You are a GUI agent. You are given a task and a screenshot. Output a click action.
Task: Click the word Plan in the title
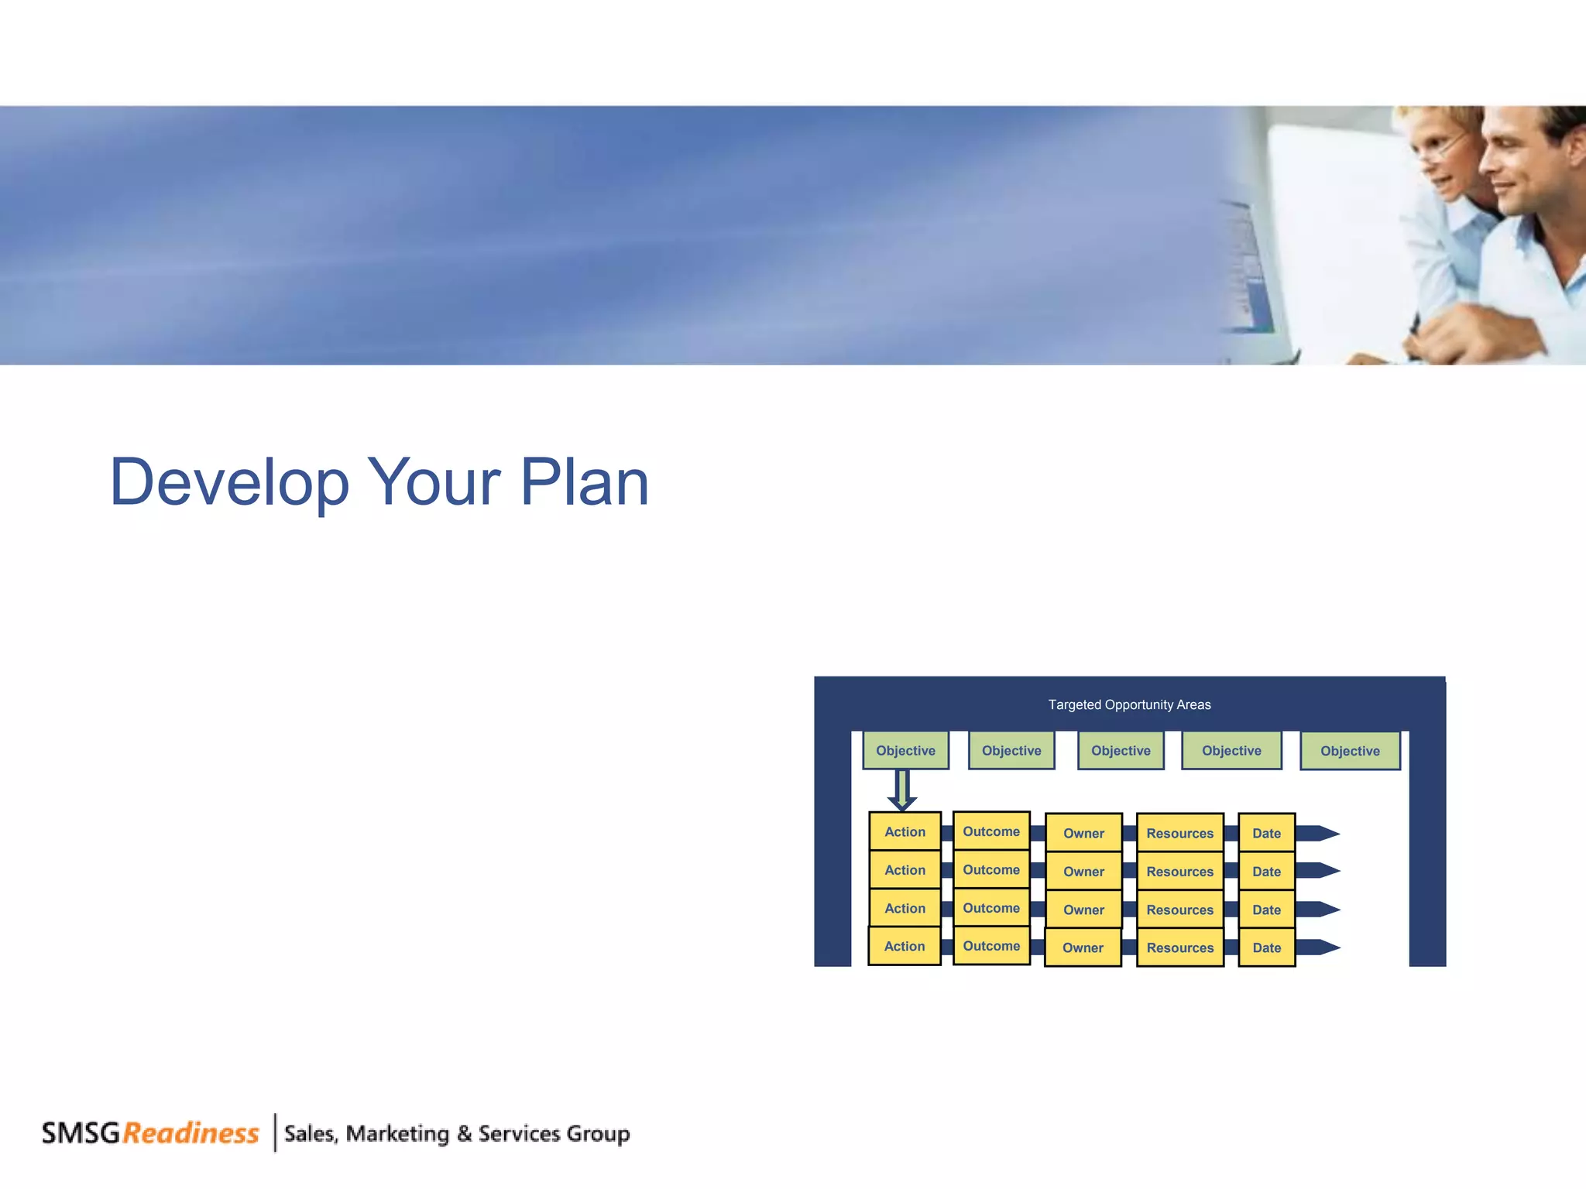tap(584, 483)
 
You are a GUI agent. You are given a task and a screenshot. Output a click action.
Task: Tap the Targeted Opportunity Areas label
tap(1129, 704)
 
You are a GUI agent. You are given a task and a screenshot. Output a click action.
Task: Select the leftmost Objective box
tap(905, 750)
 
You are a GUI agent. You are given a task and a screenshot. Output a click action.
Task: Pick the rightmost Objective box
tap(1350, 751)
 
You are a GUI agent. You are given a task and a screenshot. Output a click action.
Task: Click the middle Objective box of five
tap(1121, 750)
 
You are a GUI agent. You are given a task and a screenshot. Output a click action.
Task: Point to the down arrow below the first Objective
tap(902, 790)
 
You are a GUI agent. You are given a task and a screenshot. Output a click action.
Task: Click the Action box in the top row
tap(905, 831)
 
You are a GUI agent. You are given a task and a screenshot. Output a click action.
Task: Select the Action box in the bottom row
tap(904, 946)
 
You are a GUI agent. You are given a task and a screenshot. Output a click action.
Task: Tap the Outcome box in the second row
tap(991, 869)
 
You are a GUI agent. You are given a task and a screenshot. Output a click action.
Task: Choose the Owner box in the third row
tap(1083, 910)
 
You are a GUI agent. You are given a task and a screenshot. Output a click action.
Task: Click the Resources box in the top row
tap(1179, 833)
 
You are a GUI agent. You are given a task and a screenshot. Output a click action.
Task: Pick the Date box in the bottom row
tap(1266, 947)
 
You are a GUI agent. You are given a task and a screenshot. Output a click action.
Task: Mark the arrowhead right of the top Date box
tap(1326, 833)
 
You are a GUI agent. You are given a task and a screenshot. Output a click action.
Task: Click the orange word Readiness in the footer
tap(191, 1133)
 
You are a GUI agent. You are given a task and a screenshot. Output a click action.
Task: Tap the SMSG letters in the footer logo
tap(81, 1133)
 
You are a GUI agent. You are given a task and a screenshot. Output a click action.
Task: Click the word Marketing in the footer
tap(397, 1134)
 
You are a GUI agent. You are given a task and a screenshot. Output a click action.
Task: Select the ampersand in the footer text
tap(464, 1134)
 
